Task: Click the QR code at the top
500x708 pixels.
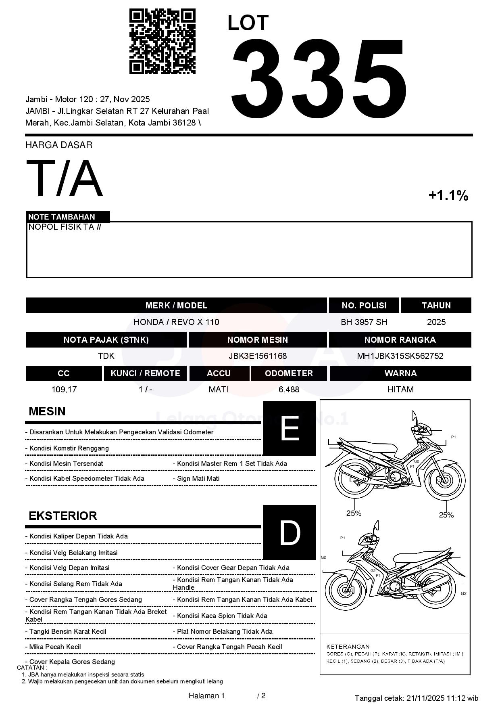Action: click(162, 42)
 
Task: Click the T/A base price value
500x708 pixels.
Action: click(65, 178)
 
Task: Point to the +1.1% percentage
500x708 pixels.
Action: click(448, 196)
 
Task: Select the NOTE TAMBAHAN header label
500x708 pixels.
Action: click(62, 217)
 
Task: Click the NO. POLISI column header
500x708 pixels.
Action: click(364, 306)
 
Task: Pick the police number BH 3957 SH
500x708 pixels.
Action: click(364, 322)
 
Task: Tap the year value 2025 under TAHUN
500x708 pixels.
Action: click(436, 322)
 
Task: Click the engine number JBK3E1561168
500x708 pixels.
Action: click(257, 356)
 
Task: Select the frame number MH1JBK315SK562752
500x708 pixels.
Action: click(400, 356)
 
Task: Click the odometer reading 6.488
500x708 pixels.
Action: click(289, 390)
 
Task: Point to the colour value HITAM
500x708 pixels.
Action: click(400, 390)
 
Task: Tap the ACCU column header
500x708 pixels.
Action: click(219, 373)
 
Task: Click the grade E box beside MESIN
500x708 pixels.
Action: click(289, 428)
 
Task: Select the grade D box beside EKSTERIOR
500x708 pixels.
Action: click(289, 533)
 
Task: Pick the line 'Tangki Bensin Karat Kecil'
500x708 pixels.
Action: click(67, 631)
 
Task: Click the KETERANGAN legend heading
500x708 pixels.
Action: click(348, 646)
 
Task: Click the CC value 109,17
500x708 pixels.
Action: click(64, 390)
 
